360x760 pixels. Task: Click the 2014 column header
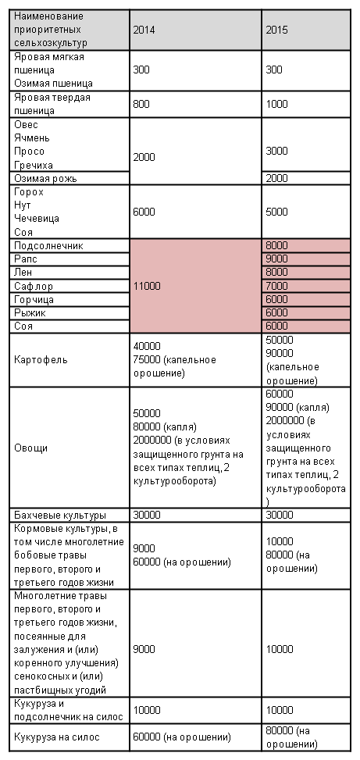(144, 30)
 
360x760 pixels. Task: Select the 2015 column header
(276, 30)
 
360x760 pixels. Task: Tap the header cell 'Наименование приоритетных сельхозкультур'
(51, 30)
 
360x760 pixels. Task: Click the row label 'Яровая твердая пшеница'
(52, 104)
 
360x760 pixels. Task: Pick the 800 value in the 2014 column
(141, 104)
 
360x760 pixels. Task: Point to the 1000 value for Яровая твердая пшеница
(276, 104)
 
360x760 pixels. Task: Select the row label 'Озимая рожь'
(45, 178)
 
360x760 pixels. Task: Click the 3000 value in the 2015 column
(276, 151)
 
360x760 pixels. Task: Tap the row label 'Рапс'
(25, 259)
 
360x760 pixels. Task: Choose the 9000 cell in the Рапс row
(276, 259)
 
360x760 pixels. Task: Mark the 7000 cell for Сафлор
(276, 286)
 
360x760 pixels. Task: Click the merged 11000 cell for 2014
(147, 286)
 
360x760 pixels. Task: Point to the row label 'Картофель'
(41, 360)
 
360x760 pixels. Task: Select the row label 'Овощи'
(30, 448)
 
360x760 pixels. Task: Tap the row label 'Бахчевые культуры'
(60, 515)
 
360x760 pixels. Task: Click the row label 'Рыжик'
(30, 312)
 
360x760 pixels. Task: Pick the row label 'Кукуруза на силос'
(57, 737)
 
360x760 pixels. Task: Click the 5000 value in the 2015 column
(276, 212)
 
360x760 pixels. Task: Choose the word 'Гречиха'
(34, 166)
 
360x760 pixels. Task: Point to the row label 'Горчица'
(34, 299)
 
